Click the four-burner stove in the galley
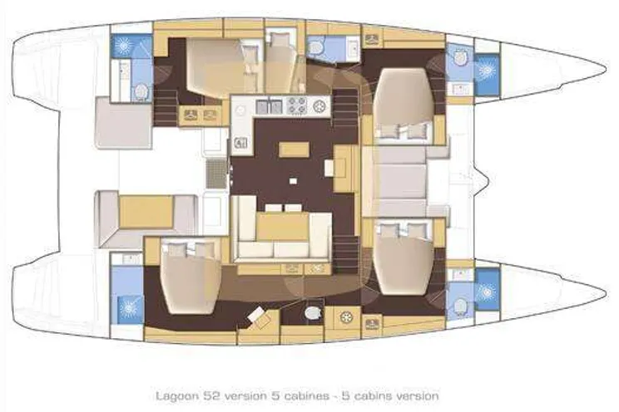tap(296, 105)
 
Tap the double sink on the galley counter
tap(269, 106)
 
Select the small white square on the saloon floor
tap(293, 181)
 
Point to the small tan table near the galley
tap(294, 150)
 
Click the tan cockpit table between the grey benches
tap(146, 212)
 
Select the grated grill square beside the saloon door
tap(216, 174)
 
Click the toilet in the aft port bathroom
tap(141, 91)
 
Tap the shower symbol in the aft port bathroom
tap(123, 46)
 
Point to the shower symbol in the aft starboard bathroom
tap(127, 306)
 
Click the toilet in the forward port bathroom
tap(460, 58)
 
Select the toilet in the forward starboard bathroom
tap(460, 306)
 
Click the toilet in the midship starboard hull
tap(313, 313)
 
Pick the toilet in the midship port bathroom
tap(315, 48)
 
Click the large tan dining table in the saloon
tap(282, 226)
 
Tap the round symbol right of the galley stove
tap(320, 105)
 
